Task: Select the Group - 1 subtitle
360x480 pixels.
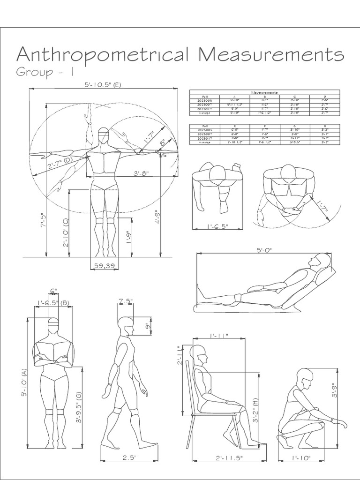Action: point(45,73)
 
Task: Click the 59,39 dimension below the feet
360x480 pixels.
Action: point(104,266)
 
